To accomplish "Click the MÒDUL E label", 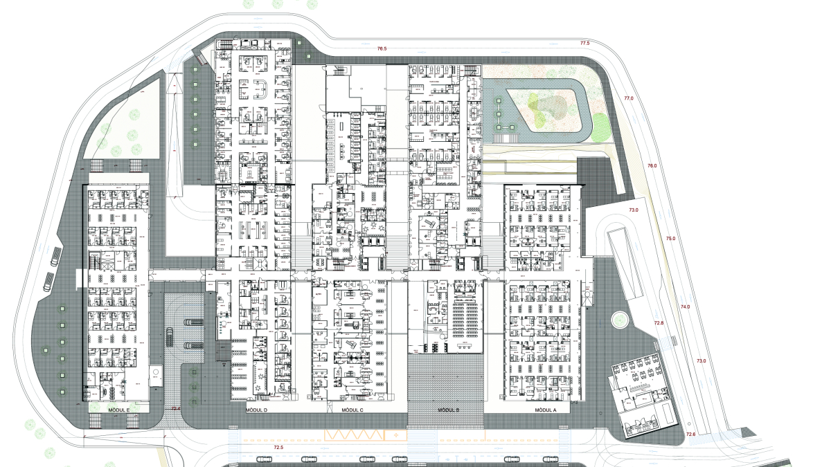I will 119,410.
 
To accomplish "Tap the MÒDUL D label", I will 256,410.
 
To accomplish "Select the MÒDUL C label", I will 352,410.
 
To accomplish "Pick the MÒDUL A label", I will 546,410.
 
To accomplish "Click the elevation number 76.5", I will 382,49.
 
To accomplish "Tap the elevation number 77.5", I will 584,43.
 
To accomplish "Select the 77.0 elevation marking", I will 629,98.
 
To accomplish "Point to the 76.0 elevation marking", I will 652,166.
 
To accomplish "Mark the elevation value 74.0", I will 685,306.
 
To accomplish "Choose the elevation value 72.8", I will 659,323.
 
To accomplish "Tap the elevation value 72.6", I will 690,434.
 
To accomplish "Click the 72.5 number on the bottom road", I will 279,448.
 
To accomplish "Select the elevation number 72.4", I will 175,409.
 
